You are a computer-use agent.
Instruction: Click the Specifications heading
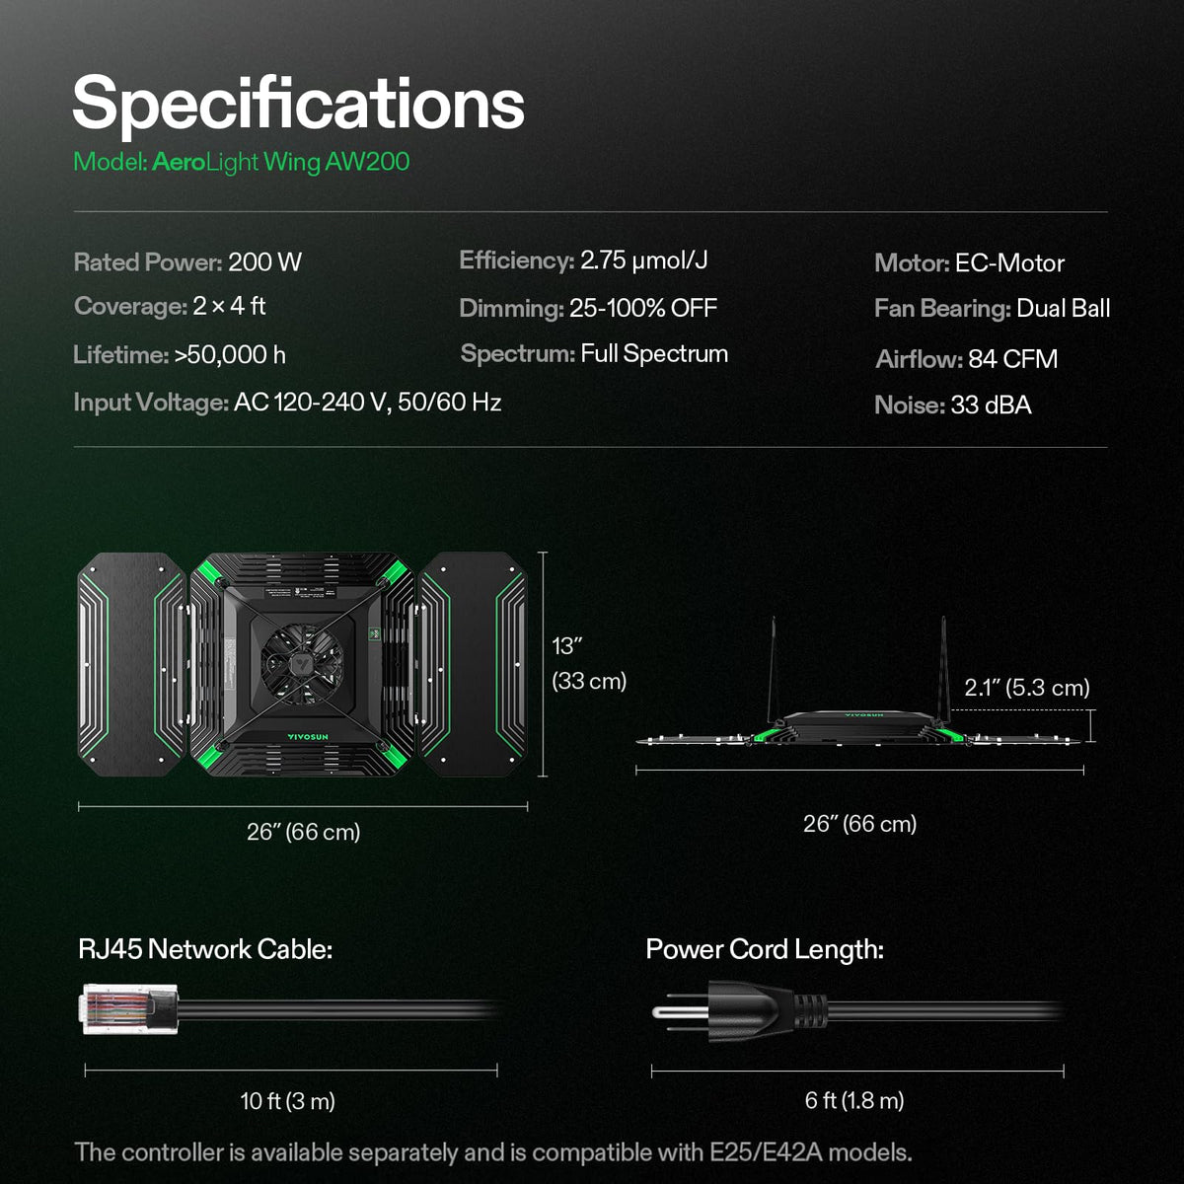299,105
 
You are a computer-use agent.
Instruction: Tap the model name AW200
367,162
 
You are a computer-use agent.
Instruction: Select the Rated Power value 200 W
264,262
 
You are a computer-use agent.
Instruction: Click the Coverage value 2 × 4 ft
229,306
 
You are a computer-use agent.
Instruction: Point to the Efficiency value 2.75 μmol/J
644,260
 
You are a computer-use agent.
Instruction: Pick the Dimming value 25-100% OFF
643,308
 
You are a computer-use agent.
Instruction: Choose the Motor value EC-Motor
1009,263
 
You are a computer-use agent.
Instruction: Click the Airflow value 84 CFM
1012,359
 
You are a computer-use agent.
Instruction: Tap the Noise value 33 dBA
991,405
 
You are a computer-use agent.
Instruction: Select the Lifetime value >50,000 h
230,355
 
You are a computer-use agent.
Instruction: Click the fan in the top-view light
302,664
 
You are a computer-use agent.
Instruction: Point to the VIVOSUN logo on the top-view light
307,737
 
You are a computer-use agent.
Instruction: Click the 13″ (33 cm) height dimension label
589,664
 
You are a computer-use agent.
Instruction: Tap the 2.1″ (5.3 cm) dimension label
1027,688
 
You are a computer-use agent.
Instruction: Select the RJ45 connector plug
129,1009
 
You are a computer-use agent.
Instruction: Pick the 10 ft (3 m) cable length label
288,1100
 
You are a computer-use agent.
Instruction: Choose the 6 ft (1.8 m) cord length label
854,1100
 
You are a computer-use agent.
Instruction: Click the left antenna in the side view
773,670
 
